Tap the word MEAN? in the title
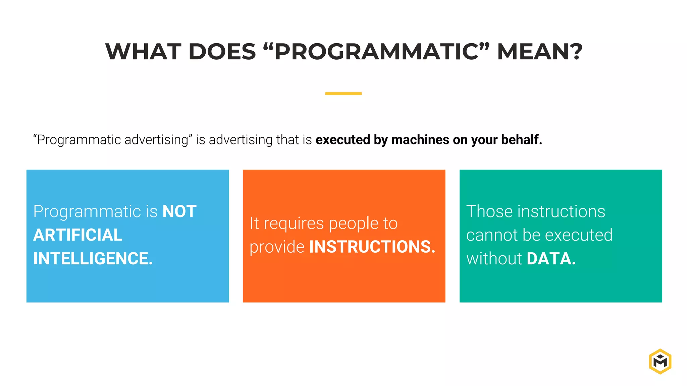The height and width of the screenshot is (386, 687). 539,52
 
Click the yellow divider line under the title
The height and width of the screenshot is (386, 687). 343,93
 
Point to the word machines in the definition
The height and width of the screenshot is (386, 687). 420,140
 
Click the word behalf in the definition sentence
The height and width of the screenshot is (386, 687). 521,140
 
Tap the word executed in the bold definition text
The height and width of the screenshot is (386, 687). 342,140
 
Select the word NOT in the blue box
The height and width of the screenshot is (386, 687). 179,212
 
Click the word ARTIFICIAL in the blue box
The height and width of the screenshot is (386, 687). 78,235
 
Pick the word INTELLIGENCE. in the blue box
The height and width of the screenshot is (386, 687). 93,259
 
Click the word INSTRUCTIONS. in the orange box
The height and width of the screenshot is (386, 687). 372,247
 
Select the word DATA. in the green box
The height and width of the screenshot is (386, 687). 551,259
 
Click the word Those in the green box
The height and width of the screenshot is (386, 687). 489,212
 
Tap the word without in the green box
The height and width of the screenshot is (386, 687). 494,259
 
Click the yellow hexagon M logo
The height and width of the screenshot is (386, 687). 660,362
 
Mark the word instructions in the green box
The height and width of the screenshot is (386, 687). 561,212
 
